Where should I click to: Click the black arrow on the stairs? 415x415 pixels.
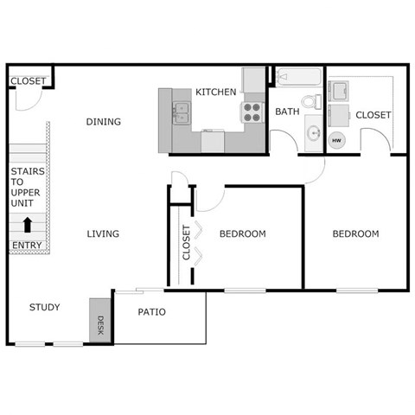coord(27,224)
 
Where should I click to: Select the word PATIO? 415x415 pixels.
coord(151,312)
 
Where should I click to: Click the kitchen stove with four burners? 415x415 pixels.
coord(252,112)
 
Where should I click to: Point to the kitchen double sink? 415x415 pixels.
coord(182,111)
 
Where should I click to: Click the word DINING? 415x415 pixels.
coord(103,122)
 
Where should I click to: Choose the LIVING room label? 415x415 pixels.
coord(103,233)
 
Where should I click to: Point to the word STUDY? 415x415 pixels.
coord(44,307)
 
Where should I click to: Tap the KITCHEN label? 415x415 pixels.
coord(215,92)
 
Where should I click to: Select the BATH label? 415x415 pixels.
coord(286,112)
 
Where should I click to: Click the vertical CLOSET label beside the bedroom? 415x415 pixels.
coord(186,243)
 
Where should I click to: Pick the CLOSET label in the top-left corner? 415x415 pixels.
coord(28,81)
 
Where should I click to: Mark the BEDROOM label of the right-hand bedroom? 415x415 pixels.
coord(356,233)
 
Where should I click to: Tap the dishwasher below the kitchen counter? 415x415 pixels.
coord(213,140)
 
